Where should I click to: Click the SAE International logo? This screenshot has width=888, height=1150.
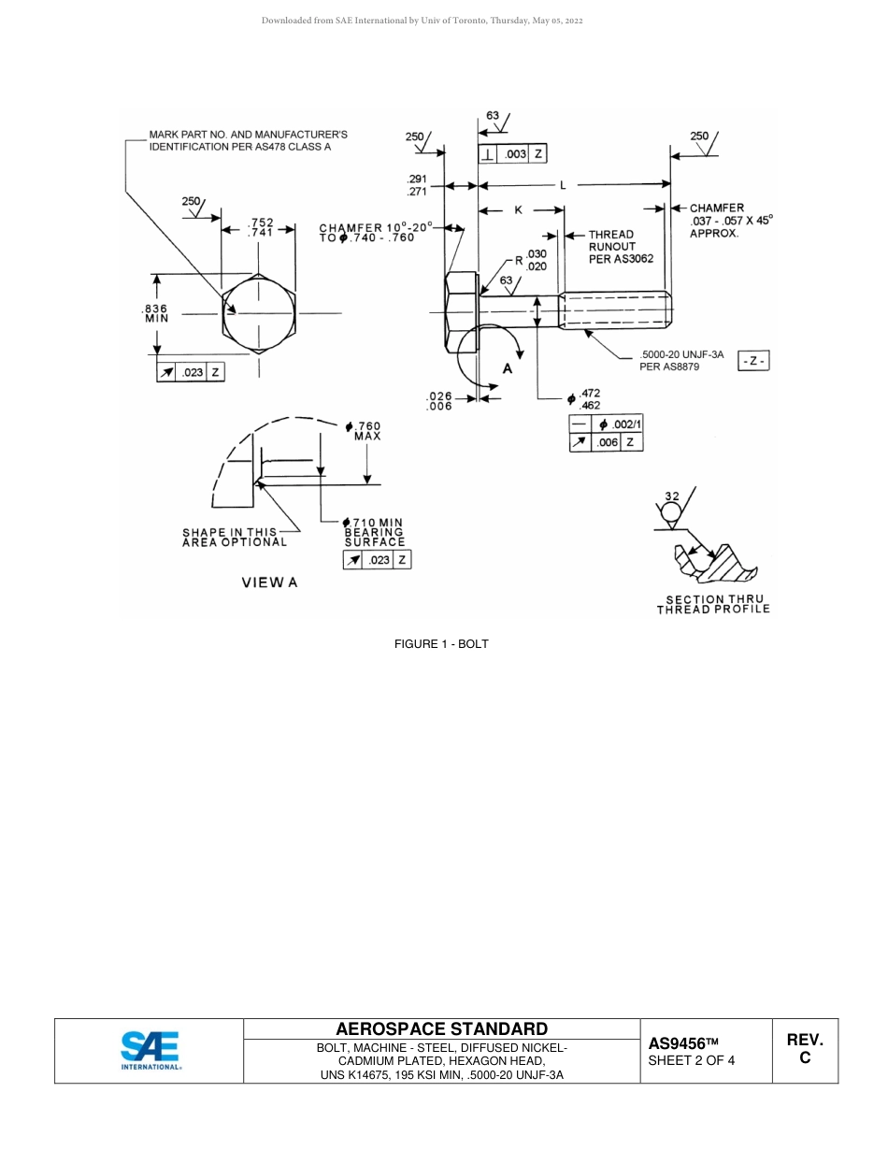(150, 1050)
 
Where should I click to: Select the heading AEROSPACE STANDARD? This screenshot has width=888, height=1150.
(441, 1029)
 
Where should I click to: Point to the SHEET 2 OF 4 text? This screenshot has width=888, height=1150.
(691, 1061)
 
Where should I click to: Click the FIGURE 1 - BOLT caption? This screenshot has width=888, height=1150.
(441, 643)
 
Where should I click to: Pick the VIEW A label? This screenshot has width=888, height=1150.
(269, 582)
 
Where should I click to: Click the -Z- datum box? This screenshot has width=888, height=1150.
(753, 361)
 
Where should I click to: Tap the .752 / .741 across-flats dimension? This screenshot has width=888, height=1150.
(261, 228)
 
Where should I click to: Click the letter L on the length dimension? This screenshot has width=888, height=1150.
(563, 186)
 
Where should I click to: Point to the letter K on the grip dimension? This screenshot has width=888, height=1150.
(519, 210)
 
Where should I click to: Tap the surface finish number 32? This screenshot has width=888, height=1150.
(672, 496)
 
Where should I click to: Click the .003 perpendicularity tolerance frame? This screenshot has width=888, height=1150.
(511, 154)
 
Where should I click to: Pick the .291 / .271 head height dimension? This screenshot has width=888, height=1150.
(417, 185)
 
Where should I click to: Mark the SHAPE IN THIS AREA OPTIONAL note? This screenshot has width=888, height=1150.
(235, 537)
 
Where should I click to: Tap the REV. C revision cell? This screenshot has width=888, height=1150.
(804, 1050)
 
